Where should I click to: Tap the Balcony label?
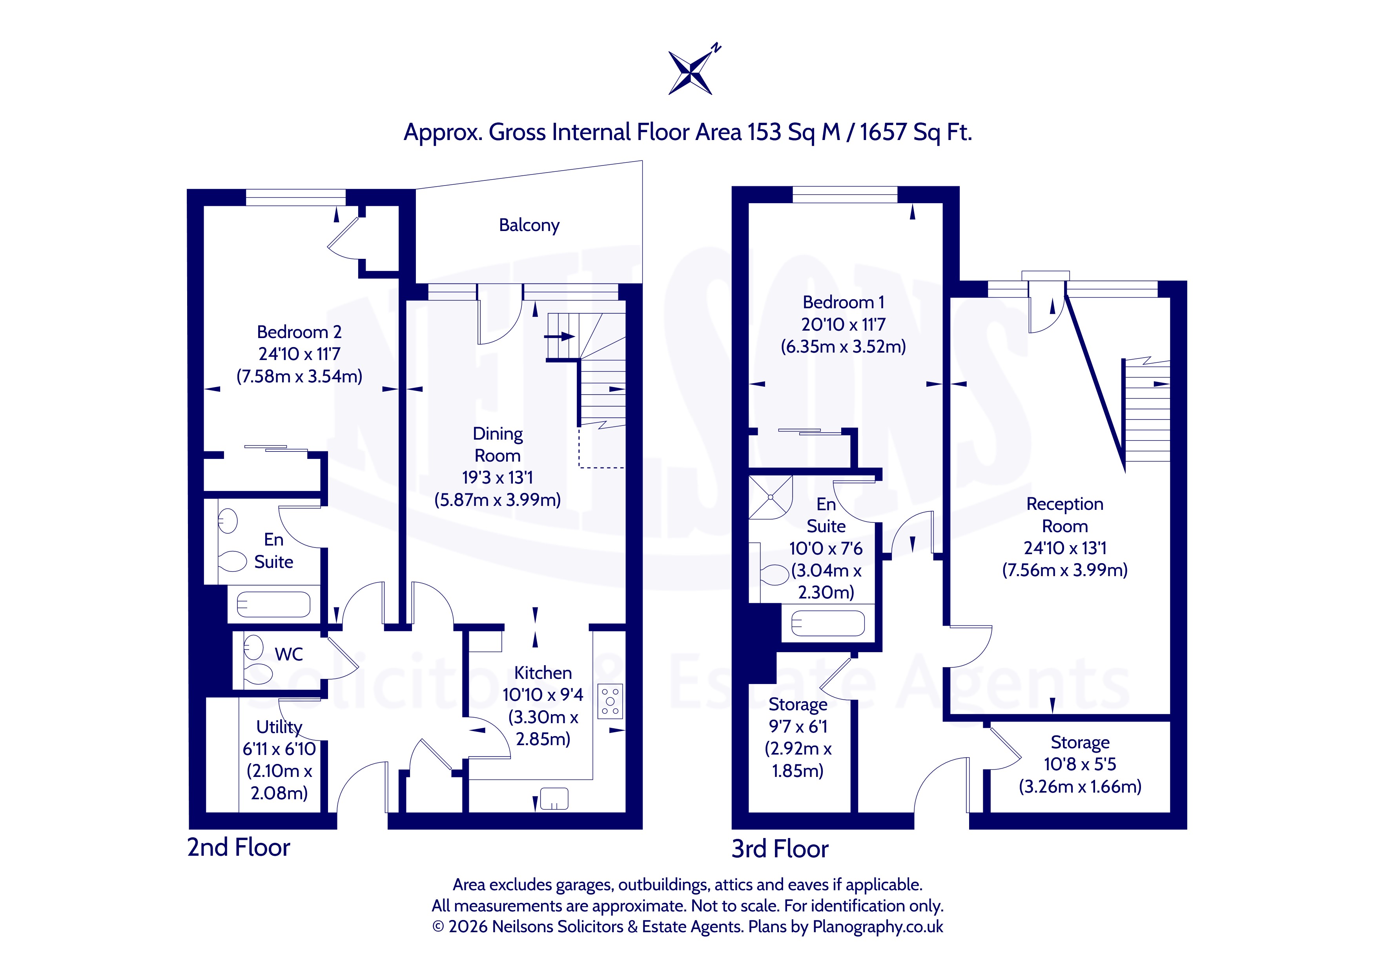tap(529, 225)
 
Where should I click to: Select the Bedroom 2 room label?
tap(299, 332)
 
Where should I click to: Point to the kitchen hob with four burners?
tap(610, 701)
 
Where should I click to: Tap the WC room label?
tap(289, 654)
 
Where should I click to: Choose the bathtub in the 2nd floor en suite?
tap(274, 604)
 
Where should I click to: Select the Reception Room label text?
tap(1065, 515)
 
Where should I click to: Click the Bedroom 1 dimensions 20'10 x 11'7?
tap(843, 325)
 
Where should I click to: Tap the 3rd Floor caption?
tap(780, 849)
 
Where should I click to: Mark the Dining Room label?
tap(498, 445)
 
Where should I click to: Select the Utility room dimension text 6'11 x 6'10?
tap(279, 749)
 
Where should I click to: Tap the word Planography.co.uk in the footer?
tap(878, 927)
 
